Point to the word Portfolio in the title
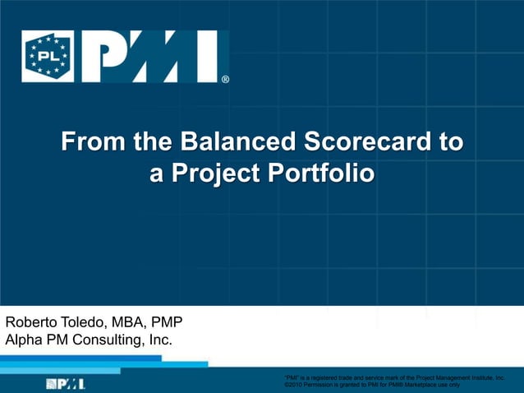[316, 173]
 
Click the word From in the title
[93, 143]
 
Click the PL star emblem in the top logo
[47, 57]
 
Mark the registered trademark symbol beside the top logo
[225, 80]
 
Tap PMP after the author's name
[168, 321]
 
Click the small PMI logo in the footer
[66, 383]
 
